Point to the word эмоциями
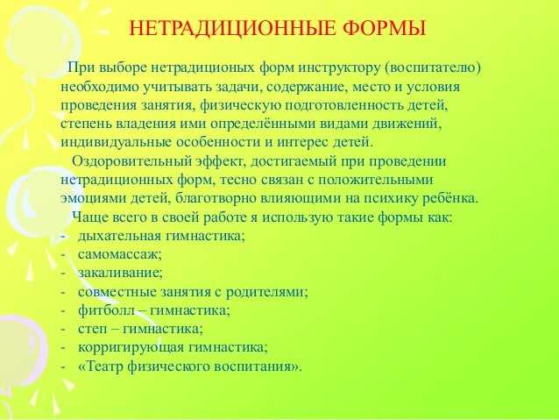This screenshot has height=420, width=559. tap(88, 199)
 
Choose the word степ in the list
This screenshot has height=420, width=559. tap(91, 329)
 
